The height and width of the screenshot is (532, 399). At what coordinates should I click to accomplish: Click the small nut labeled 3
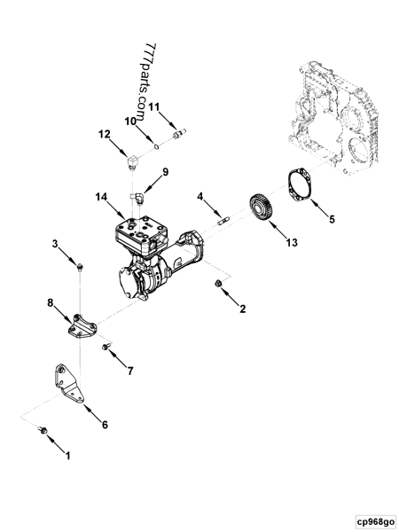point(80,265)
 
